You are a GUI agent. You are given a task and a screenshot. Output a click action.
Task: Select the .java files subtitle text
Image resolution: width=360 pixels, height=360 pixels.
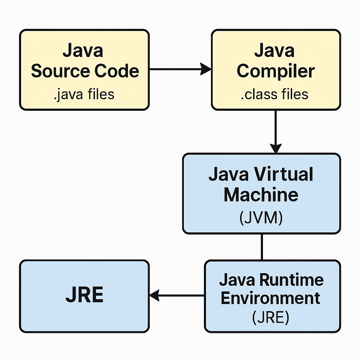coord(84,94)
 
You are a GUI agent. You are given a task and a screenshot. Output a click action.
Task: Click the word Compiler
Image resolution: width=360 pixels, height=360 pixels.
coord(275,71)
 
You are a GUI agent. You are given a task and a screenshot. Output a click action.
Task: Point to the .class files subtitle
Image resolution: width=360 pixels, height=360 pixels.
coord(275,94)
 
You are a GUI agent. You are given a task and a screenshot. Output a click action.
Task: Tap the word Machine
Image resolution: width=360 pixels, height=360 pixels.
coord(261,194)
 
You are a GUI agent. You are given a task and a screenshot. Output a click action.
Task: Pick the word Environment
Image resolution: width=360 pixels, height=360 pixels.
coord(271,298)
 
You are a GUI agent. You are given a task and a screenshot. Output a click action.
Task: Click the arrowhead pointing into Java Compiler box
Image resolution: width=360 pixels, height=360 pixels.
coord(206,69)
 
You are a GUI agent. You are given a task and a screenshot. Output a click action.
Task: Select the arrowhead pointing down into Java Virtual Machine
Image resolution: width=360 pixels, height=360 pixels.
coord(275,148)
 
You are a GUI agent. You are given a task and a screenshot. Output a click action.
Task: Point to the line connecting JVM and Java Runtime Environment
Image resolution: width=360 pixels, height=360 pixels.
coord(262,247)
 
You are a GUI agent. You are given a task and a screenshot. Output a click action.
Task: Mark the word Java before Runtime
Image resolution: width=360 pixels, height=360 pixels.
coord(237,280)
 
